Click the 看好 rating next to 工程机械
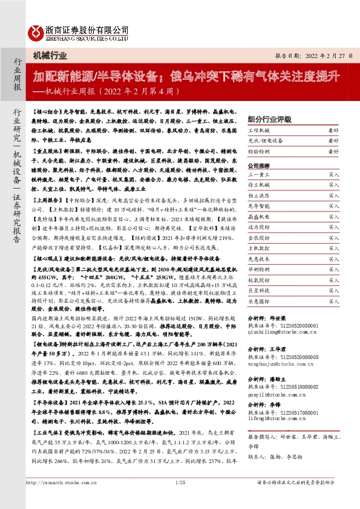[x=333, y=130]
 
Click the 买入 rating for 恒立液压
[x=333, y=195]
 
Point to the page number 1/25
[x=179, y=499]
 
